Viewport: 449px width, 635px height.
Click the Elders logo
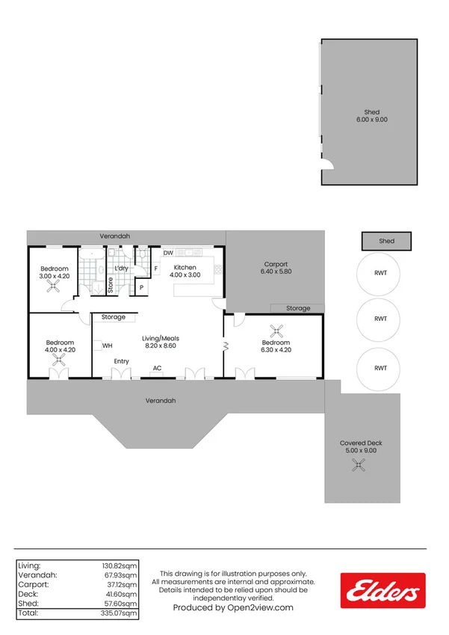383,590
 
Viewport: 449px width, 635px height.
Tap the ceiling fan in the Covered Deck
359,465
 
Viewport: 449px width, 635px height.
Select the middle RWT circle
378,319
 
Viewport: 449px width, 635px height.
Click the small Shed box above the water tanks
386,241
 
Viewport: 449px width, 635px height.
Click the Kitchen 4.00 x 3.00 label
185,271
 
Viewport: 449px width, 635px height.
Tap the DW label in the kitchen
168,253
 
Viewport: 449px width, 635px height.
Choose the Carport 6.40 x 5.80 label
276,268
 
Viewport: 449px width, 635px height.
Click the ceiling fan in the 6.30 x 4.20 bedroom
276,331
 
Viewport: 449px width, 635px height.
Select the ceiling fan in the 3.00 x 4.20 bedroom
53,286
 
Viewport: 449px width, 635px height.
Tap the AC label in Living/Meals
158,368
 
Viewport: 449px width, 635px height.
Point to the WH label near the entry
107,346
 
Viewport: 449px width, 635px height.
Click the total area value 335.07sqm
119,613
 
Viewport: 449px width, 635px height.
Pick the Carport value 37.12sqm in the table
120,585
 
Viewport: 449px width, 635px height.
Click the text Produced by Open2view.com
233,607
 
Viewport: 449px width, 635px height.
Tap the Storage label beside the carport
298,308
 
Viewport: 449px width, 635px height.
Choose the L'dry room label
121,268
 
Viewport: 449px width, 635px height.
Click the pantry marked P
142,287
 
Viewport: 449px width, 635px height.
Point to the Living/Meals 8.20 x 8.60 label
161,342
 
